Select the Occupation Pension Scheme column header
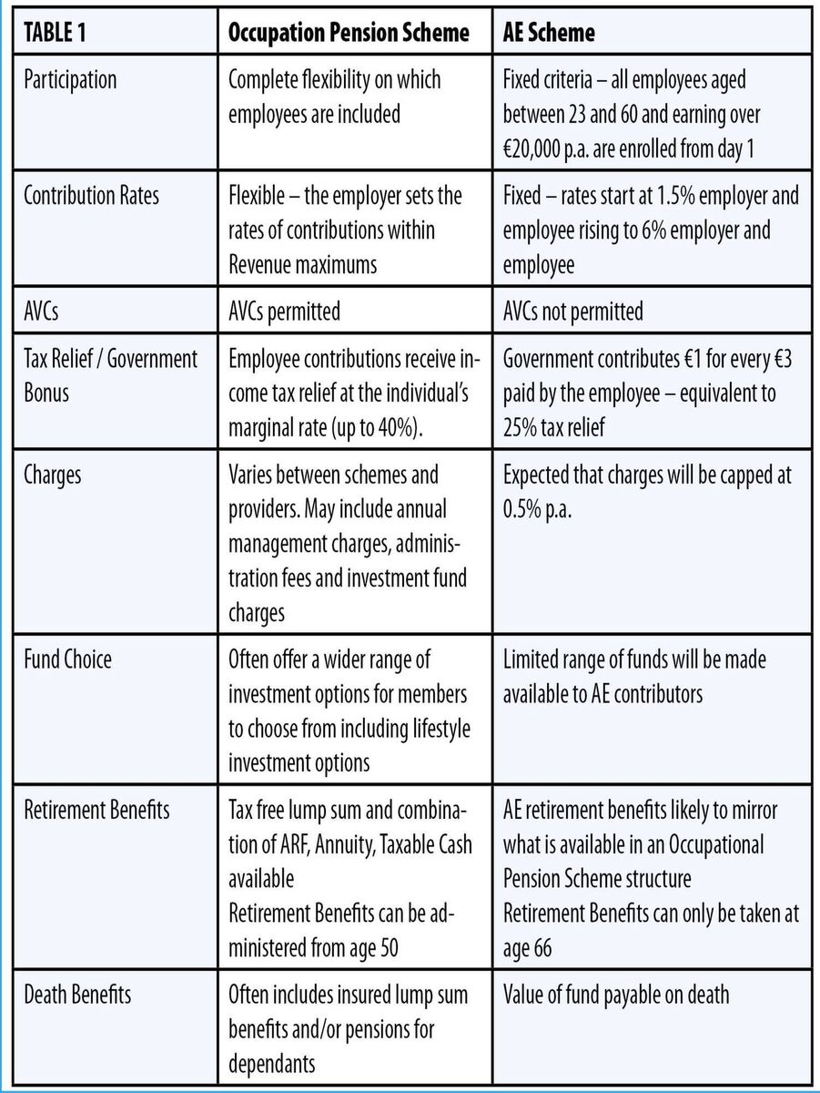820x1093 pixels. [349, 34]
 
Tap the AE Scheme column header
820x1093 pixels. [550, 34]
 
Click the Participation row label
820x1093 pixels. [70, 79]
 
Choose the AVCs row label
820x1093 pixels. [42, 312]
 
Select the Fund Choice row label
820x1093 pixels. [66, 659]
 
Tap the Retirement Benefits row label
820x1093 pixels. [96, 809]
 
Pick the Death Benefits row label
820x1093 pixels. [77, 994]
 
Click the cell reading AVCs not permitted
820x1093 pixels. [573, 312]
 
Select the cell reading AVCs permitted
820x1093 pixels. [285, 312]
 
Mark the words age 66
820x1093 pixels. [527, 948]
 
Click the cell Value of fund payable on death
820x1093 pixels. [616, 994]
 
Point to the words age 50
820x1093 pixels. [366, 948]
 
